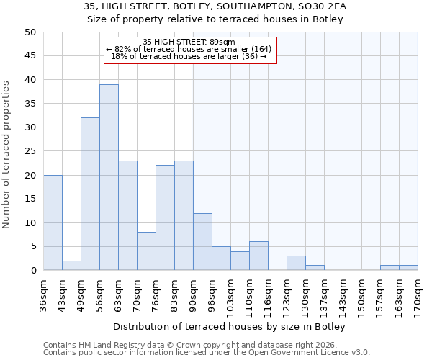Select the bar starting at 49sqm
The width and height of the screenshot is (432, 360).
point(90,194)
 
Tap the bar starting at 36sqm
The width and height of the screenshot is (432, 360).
point(53,222)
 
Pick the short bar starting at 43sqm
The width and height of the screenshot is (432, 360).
point(71,265)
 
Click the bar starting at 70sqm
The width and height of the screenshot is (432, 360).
point(146,251)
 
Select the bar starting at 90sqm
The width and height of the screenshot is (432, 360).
point(202,242)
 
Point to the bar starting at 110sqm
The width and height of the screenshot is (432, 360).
point(258,256)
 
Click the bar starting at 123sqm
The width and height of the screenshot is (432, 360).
point(296,264)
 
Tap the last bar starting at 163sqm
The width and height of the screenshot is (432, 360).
point(408,268)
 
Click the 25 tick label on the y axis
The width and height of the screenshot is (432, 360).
point(30,151)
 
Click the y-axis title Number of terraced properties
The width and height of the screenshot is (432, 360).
point(6,155)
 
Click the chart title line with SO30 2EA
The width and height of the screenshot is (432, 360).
point(215,6)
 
